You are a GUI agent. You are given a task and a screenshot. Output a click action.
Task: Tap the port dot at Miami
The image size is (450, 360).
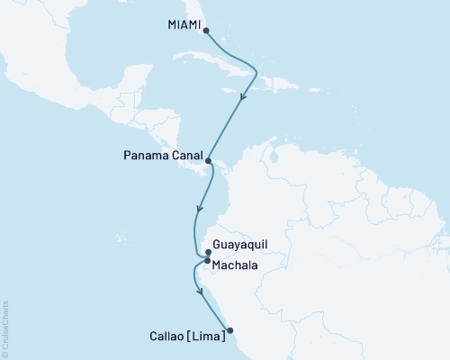(207, 31)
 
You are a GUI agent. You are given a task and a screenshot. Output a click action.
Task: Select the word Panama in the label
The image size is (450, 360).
(143, 154)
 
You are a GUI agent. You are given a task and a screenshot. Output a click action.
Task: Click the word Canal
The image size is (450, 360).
(184, 154)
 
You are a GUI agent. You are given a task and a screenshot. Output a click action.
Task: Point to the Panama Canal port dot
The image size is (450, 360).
(209, 162)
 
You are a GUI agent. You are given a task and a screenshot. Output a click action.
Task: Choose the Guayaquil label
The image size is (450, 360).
(243, 244)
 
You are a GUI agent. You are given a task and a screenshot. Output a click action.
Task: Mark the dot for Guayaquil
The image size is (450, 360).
(208, 253)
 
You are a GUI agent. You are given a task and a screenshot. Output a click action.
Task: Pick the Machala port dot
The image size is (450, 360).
(207, 262)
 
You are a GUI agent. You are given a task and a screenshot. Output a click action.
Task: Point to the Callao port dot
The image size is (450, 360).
(229, 329)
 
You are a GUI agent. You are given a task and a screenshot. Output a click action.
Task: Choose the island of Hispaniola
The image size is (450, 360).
(269, 83)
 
